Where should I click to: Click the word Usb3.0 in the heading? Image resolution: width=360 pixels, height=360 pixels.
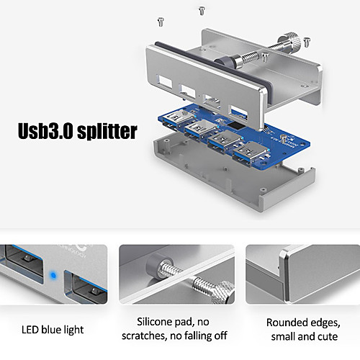[45, 131]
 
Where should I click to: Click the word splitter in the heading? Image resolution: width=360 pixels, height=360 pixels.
[107, 131]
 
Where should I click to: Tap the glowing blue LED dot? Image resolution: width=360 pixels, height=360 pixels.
[53, 275]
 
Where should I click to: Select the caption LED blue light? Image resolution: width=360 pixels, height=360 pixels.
[53, 330]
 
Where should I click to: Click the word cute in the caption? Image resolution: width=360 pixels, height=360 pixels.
[328, 337]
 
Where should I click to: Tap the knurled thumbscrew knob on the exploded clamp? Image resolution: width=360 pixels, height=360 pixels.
[289, 42]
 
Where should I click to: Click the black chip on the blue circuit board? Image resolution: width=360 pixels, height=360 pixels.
[235, 125]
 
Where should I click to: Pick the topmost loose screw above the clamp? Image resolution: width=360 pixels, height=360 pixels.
[202, 11]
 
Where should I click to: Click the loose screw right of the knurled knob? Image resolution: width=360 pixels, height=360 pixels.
[307, 42]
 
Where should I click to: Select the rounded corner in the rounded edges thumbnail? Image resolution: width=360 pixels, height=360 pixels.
[284, 253]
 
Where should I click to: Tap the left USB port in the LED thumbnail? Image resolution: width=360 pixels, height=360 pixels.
[24, 262]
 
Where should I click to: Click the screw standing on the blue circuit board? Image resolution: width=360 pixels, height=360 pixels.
[284, 139]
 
